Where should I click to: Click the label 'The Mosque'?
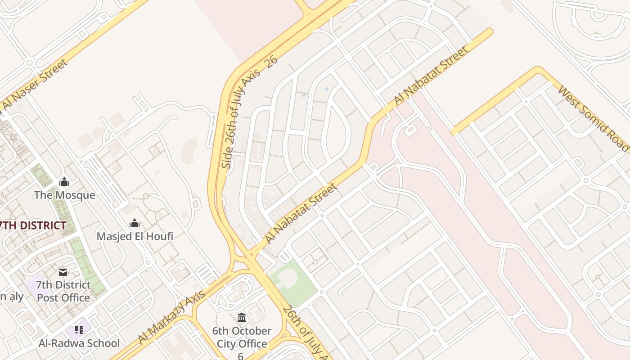65,195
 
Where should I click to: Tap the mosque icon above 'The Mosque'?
64,182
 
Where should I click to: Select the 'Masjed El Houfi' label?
135,236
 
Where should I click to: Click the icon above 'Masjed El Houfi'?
134,223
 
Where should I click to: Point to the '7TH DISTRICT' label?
33,225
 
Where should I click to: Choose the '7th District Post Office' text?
63,291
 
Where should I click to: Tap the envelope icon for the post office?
63,272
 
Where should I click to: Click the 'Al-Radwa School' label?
79,343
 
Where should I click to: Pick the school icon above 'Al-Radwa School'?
79,330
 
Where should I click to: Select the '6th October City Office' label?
242,337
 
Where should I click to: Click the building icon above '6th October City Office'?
242,318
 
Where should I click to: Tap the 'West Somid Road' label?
593,118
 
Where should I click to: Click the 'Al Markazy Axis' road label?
172,316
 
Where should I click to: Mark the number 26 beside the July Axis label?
271,63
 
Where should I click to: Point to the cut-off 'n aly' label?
11,296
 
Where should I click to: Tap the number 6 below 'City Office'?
241,356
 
